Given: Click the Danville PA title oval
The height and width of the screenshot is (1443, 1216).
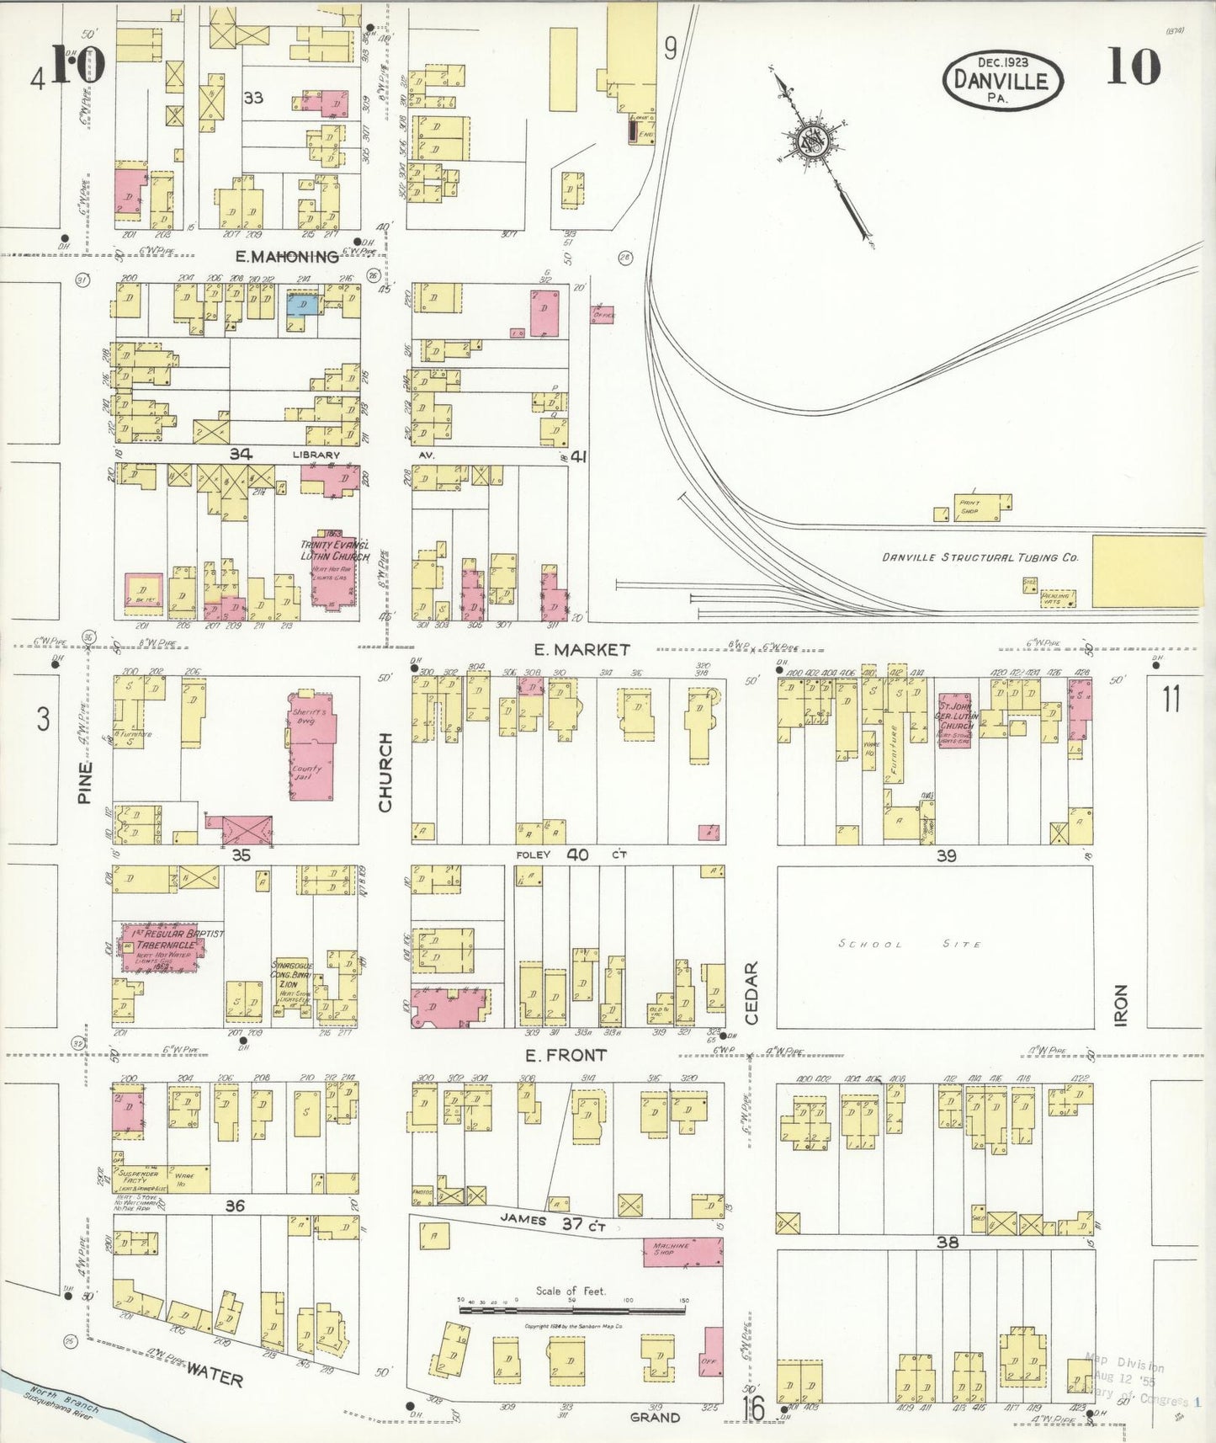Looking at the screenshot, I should click(x=1002, y=78).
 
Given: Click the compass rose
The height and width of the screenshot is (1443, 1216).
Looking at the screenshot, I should click(x=813, y=142).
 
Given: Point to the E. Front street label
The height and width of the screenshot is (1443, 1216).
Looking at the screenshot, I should click(x=565, y=1055).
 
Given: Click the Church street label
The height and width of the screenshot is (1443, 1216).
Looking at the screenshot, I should click(x=385, y=772).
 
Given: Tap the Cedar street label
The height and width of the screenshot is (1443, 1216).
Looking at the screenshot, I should click(x=751, y=993).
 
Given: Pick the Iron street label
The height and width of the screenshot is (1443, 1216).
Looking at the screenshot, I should click(x=1121, y=1004).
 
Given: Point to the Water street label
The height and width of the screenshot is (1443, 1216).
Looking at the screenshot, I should click(x=214, y=1375).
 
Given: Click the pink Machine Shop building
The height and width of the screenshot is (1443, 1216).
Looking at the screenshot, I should click(x=682, y=1250).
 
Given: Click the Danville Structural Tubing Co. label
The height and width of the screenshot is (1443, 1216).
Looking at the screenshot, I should click(x=980, y=557).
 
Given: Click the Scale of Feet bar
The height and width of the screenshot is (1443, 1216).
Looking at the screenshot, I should click(x=572, y=1310).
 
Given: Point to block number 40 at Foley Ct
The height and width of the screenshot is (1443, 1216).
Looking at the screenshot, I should click(x=577, y=855).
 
